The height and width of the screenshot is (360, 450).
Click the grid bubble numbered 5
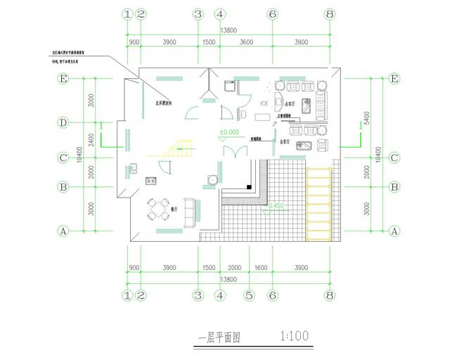pos(247,295)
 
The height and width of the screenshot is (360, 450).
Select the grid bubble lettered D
pos(63,123)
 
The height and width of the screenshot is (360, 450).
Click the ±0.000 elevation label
pos(229,132)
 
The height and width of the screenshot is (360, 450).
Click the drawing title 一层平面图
pos(219,337)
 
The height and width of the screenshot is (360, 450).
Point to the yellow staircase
pos(179,148)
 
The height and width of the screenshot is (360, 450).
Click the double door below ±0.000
pos(230,153)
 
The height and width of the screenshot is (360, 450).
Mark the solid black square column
pos(249,187)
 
